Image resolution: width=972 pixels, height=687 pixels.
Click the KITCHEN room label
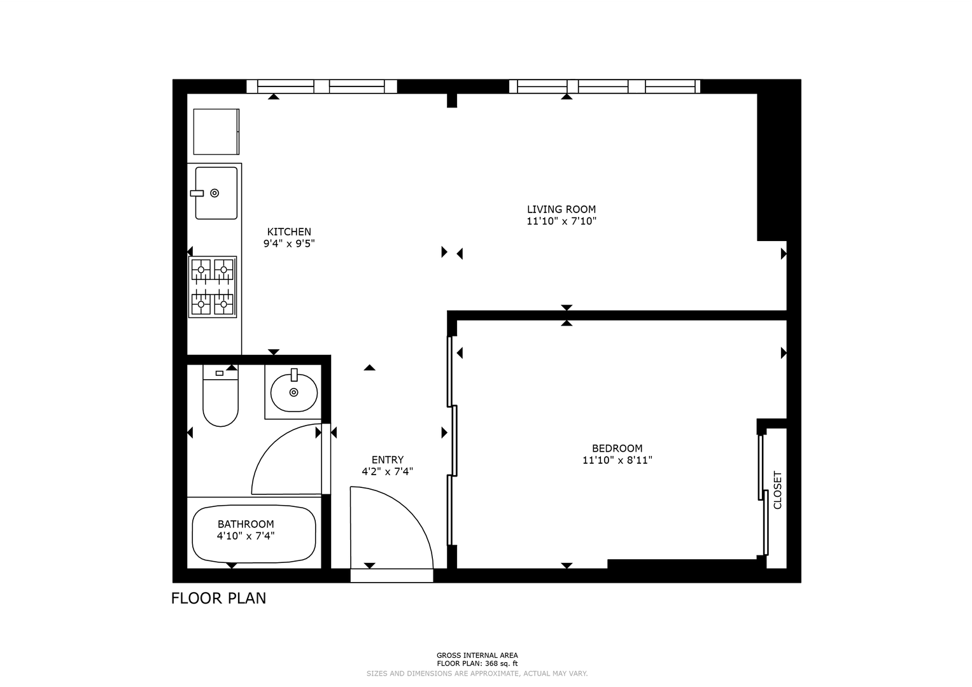click(289, 232)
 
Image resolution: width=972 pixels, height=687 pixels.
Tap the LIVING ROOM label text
click(561, 209)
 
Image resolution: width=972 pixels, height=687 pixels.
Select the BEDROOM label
click(617, 448)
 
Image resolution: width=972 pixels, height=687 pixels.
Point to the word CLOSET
click(778, 490)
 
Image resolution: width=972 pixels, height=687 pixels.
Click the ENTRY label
click(388, 459)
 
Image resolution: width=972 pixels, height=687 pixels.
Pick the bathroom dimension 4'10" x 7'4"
click(246, 536)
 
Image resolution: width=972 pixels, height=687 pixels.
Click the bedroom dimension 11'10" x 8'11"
click(617, 460)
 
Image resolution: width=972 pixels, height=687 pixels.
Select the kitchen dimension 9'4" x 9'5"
click(289, 243)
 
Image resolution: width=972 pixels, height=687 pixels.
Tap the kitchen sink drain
click(215, 193)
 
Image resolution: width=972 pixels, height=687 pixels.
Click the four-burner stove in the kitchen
click(213, 287)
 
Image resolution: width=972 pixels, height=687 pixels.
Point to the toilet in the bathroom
click(220, 396)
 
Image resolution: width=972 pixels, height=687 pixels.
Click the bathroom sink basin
click(294, 392)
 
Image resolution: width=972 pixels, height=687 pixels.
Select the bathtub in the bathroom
click(254, 534)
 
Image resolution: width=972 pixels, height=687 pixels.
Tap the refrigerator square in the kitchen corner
click(216, 132)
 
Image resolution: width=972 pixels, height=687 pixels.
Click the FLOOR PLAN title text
click(218, 598)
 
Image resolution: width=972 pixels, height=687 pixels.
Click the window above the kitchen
click(321, 87)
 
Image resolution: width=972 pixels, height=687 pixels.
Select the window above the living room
click(605, 87)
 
